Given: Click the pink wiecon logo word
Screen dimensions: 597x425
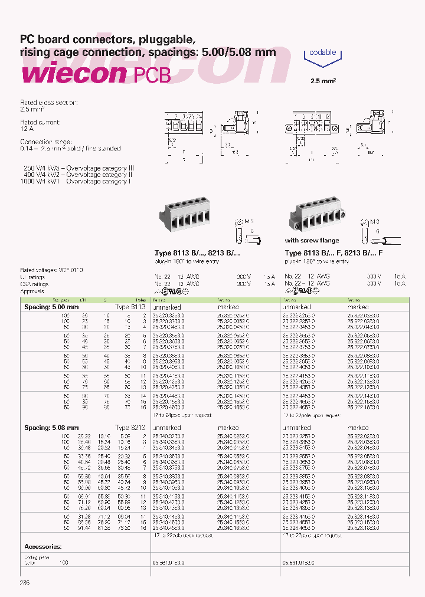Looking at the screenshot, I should point(73,74).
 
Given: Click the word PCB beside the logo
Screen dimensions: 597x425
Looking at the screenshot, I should point(151,75).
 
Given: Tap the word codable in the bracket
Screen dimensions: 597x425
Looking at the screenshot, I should point(322,53).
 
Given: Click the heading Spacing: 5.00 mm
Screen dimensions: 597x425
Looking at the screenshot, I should point(51,307).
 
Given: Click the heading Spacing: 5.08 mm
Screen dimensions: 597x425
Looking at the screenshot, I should point(51,428).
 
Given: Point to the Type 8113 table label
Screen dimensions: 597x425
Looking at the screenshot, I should point(129,307).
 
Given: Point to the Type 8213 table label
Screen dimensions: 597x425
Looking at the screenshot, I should point(129,428).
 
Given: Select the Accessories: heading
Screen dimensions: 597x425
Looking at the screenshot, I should point(43,546).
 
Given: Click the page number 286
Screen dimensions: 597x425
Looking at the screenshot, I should point(25,582).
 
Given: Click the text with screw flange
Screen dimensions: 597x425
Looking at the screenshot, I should point(312,241).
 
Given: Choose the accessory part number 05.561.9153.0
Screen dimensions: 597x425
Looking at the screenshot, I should point(169,563).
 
